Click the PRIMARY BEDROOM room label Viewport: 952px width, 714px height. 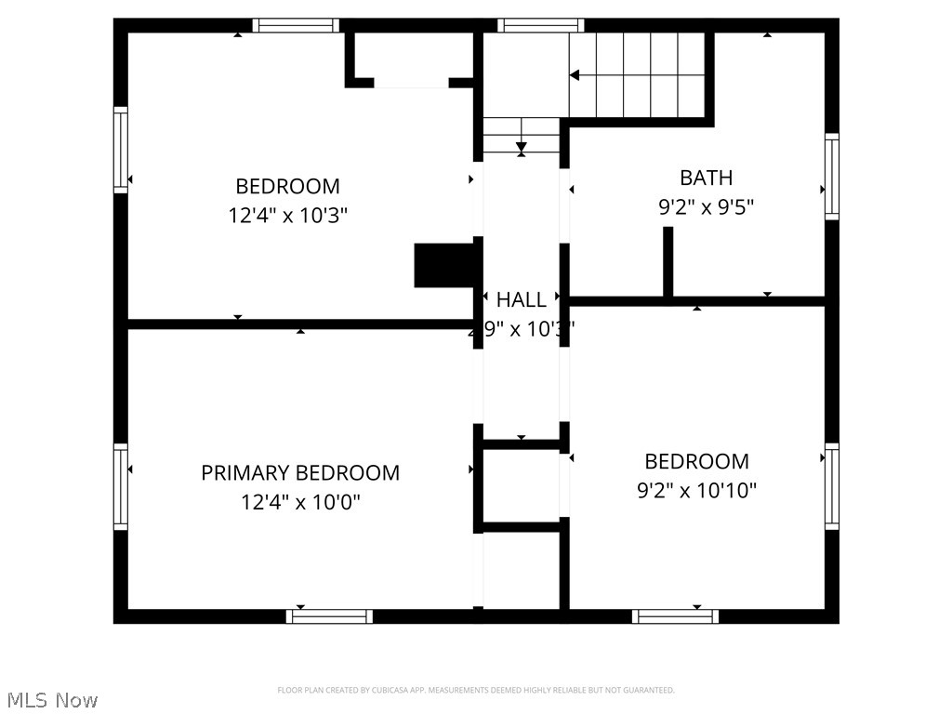pyautogui.click(x=300, y=472)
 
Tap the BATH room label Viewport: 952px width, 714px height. pyautogui.click(x=706, y=178)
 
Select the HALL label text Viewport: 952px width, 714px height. pyautogui.click(x=522, y=299)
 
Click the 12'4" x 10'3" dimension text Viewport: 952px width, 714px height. pyautogui.click(x=287, y=216)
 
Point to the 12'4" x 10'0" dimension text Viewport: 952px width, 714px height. pyautogui.click(x=300, y=503)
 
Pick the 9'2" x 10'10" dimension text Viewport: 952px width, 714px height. pyautogui.click(x=696, y=491)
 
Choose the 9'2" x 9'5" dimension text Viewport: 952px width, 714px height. pyautogui.click(x=706, y=207)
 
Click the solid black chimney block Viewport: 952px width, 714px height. pyautogui.click(x=445, y=266)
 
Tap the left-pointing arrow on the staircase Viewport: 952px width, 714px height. pyautogui.click(x=575, y=75)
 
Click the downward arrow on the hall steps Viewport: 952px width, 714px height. pyautogui.click(x=522, y=146)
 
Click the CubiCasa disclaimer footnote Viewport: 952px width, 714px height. pyautogui.click(x=475, y=690)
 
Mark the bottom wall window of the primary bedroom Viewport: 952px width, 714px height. pyautogui.click(x=329, y=615)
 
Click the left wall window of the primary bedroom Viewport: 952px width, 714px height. pyautogui.click(x=121, y=487)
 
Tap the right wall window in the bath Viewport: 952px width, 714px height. pyautogui.click(x=831, y=177)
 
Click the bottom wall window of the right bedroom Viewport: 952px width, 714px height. pyautogui.click(x=675, y=615)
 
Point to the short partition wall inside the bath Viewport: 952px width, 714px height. pyautogui.click(x=668, y=261)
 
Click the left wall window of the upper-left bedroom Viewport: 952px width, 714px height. pyautogui.click(x=121, y=150)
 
